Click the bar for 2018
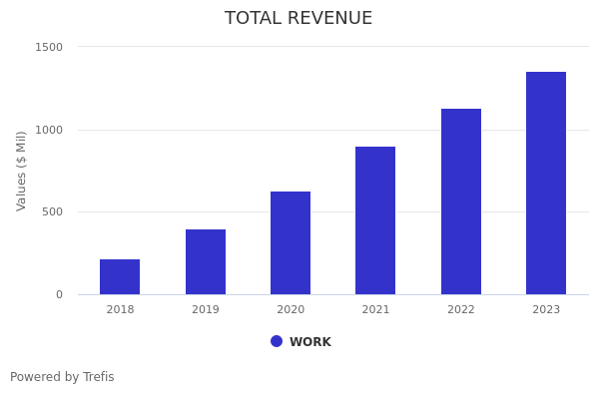click(120, 276)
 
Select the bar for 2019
click(205, 261)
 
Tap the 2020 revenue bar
click(291, 242)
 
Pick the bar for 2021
click(375, 220)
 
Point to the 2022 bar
click(461, 201)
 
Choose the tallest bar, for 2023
click(546, 183)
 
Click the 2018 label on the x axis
click(120, 310)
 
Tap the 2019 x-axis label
click(205, 310)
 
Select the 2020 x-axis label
click(291, 310)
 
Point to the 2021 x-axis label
click(375, 310)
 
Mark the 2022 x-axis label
click(461, 310)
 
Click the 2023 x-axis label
click(546, 310)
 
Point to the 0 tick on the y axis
click(59, 294)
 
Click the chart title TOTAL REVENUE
click(299, 18)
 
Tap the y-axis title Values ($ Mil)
click(22, 171)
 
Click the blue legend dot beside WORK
click(277, 341)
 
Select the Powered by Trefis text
click(62, 377)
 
